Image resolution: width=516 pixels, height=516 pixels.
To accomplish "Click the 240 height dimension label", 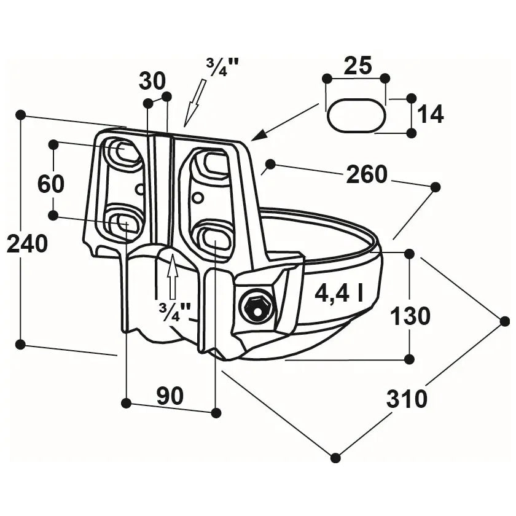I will click(x=27, y=244).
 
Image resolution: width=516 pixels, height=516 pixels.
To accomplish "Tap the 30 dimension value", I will click(x=152, y=80).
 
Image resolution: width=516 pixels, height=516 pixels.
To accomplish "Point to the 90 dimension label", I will click(x=170, y=396).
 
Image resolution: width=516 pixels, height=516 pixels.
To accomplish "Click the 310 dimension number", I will click(x=407, y=399).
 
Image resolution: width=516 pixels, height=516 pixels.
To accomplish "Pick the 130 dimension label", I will click(x=410, y=316).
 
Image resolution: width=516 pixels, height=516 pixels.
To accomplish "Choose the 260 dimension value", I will click(x=367, y=175).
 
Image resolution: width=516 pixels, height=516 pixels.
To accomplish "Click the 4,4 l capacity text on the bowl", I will click(x=338, y=294).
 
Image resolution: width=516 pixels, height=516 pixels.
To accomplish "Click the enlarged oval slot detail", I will click(x=356, y=115).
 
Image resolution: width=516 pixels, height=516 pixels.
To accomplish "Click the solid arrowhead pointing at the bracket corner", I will click(x=257, y=135).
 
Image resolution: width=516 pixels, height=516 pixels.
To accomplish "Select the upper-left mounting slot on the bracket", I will click(x=125, y=150).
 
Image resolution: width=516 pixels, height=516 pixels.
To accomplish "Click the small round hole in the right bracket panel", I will click(x=197, y=198).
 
